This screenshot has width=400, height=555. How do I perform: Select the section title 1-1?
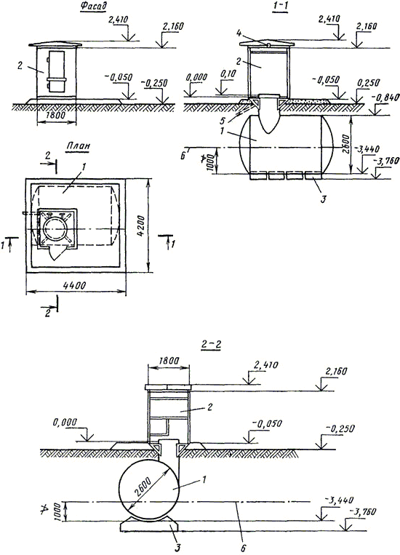[280, 7]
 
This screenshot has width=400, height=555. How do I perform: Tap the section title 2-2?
[211, 345]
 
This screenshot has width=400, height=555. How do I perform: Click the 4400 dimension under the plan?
[75, 285]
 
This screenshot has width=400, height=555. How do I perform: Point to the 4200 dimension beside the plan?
[141, 225]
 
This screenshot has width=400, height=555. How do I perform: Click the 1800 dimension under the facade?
[56, 115]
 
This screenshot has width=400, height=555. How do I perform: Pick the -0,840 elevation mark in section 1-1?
[387, 97]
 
